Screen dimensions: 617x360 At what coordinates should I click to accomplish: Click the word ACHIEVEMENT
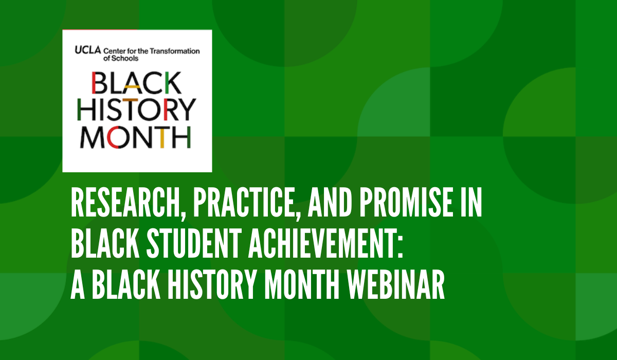click(x=323, y=243)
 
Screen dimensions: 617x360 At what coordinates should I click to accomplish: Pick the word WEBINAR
click(x=395, y=284)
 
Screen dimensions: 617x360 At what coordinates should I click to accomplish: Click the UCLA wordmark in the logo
click(x=87, y=50)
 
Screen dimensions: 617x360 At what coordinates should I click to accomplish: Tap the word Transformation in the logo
click(x=175, y=51)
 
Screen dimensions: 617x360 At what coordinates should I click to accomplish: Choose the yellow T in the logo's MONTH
click(x=162, y=137)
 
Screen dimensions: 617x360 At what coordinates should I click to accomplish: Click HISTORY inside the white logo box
click(x=136, y=110)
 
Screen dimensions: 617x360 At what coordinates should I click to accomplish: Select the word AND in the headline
click(x=330, y=203)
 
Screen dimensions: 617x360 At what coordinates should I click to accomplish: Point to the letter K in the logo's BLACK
click(x=174, y=82)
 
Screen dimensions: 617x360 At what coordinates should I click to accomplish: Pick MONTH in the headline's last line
click(x=302, y=284)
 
